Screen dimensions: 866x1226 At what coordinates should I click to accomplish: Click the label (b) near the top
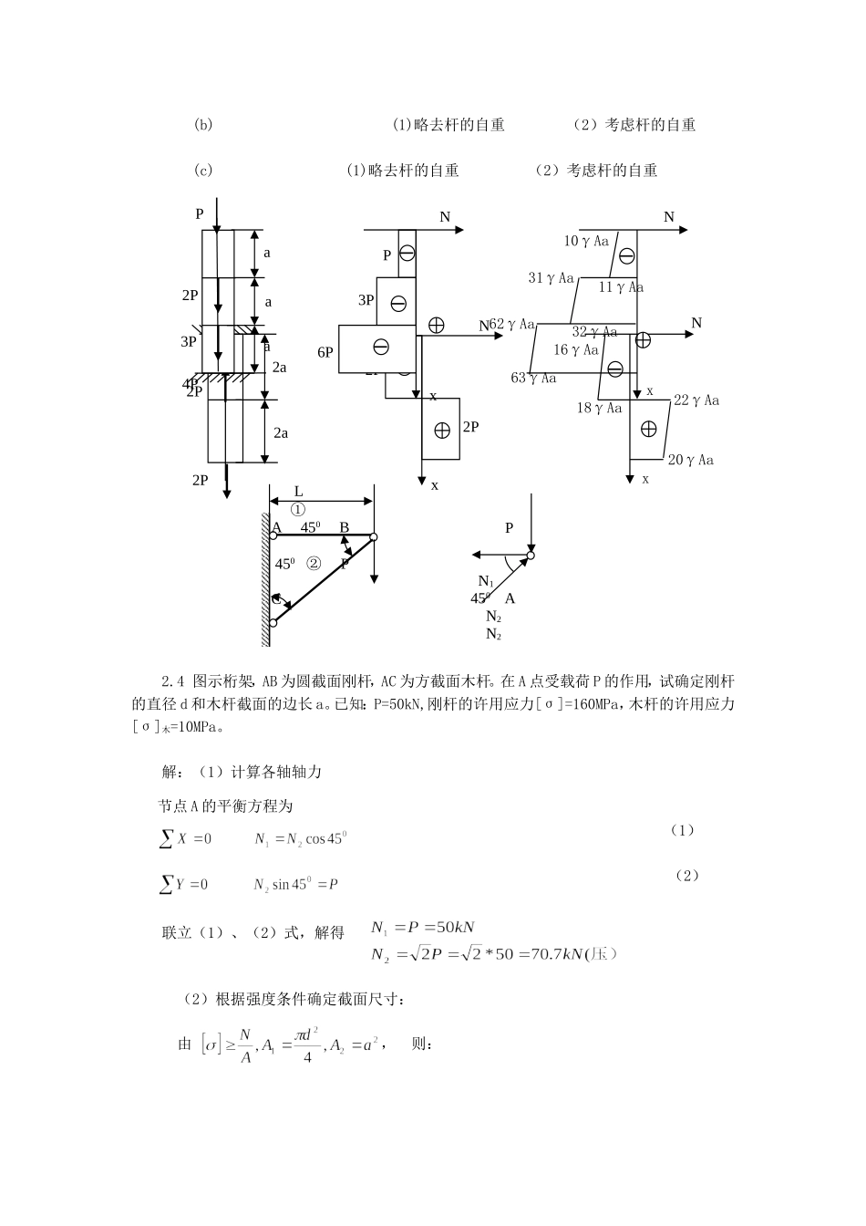coord(203,125)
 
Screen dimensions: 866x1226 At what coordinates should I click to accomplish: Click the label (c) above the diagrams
coord(203,171)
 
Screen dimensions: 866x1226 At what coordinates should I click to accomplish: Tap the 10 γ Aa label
coord(586,241)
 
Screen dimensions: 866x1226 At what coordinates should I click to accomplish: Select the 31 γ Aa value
coord(552,277)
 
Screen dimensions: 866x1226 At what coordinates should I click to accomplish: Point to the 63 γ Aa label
coord(533,378)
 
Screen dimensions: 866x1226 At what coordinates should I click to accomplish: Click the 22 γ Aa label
coord(696,400)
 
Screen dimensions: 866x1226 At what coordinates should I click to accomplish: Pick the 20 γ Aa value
coord(691,460)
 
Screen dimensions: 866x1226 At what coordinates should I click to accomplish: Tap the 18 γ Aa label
coord(599,408)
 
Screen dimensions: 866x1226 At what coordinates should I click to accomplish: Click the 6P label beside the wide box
coord(325,352)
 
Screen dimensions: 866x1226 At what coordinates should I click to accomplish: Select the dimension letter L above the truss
coord(298,492)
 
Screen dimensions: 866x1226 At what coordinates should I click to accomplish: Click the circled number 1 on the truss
coord(298,509)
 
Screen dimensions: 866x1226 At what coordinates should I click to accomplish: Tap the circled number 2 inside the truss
coord(314,563)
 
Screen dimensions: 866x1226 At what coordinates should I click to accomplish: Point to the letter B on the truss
coord(344,527)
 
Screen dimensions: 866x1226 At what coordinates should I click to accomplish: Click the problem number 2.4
coord(173,680)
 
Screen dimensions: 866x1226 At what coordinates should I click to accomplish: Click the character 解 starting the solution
coord(170,772)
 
